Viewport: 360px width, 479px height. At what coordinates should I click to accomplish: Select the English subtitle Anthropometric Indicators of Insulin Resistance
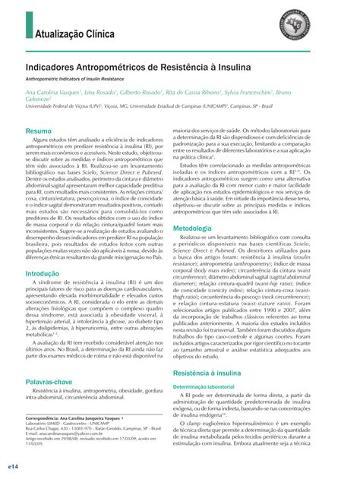[x=87, y=80]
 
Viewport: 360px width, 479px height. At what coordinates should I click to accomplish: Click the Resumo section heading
[x=39, y=131]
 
